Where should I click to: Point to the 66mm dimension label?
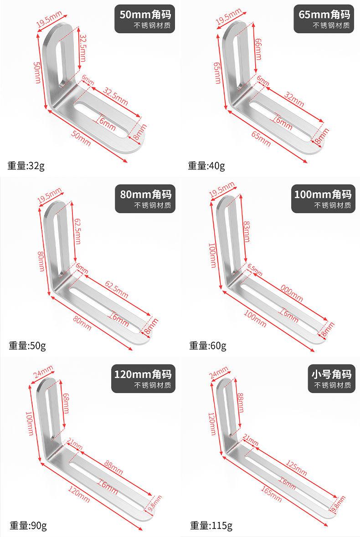pos(258,49)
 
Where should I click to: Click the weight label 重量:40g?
pos(206,166)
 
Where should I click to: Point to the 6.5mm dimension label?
pos(255,270)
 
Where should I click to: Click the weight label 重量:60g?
pos(207,345)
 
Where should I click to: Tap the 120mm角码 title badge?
pos(143,379)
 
